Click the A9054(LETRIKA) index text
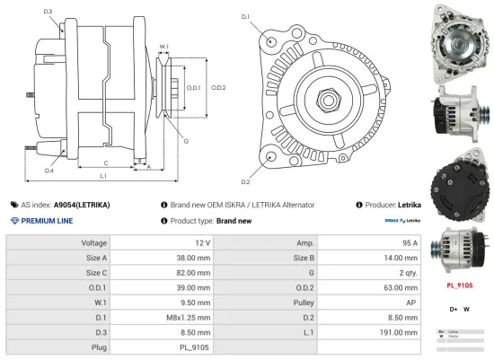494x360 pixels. click(x=82, y=205)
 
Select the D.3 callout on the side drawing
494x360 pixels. click(x=47, y=11)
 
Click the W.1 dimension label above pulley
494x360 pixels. click(x=163, y=46)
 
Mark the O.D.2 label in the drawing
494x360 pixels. click(x=218, y=87)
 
